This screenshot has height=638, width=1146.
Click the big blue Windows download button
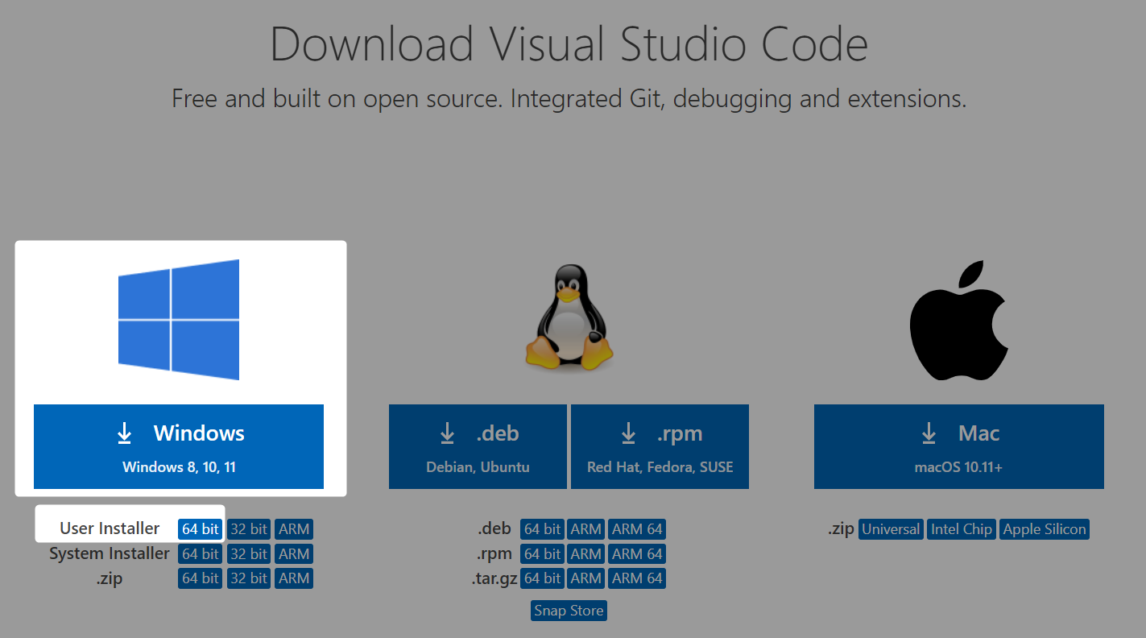pos(179,446)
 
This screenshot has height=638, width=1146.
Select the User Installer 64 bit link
pos(200,529)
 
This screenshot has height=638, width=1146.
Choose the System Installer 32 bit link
pos(249,553)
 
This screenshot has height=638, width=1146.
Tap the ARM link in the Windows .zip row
pos(294,578)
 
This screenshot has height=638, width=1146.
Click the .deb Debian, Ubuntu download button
pos(478,446)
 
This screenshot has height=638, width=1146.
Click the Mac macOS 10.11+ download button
pos(958,446)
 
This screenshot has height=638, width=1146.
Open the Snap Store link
pos(569,611)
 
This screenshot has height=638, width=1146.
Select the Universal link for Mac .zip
pos(891,529)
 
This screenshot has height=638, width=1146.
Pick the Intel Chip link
pos(962,529)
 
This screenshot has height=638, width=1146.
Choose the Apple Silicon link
pos(1045,529)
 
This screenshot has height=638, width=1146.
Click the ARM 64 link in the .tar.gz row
pos(637,578)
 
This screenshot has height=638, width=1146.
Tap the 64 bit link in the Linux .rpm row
pos(542,553)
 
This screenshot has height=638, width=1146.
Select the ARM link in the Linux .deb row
pos(585,529)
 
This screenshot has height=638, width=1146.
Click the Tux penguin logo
pos(569,317)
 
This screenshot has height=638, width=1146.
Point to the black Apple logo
pos(958,321)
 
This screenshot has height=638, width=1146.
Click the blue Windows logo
pos(179,320)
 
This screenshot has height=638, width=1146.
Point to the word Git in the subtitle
pos(647,98)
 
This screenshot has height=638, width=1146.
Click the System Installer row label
pos(109,553)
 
